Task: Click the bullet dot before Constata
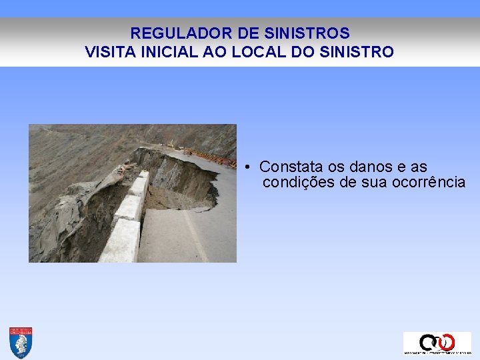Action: pyautogui.click(x=247, y=167)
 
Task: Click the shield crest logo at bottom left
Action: pyautogui.click(x=21, y=343)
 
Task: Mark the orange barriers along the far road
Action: pyautogui.click(x=217, y=159)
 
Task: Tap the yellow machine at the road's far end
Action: pyautogui.click(x=171, y=143)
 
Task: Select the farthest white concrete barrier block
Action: pyautogui.click(x=143, y=177)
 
